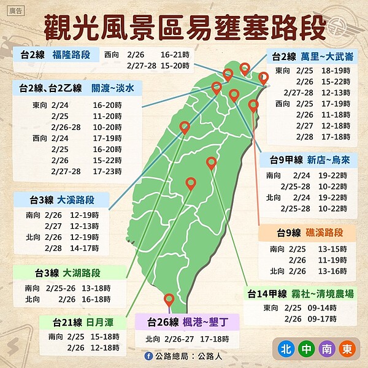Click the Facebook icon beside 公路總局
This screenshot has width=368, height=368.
pyautogui.click(x=148, y=356)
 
